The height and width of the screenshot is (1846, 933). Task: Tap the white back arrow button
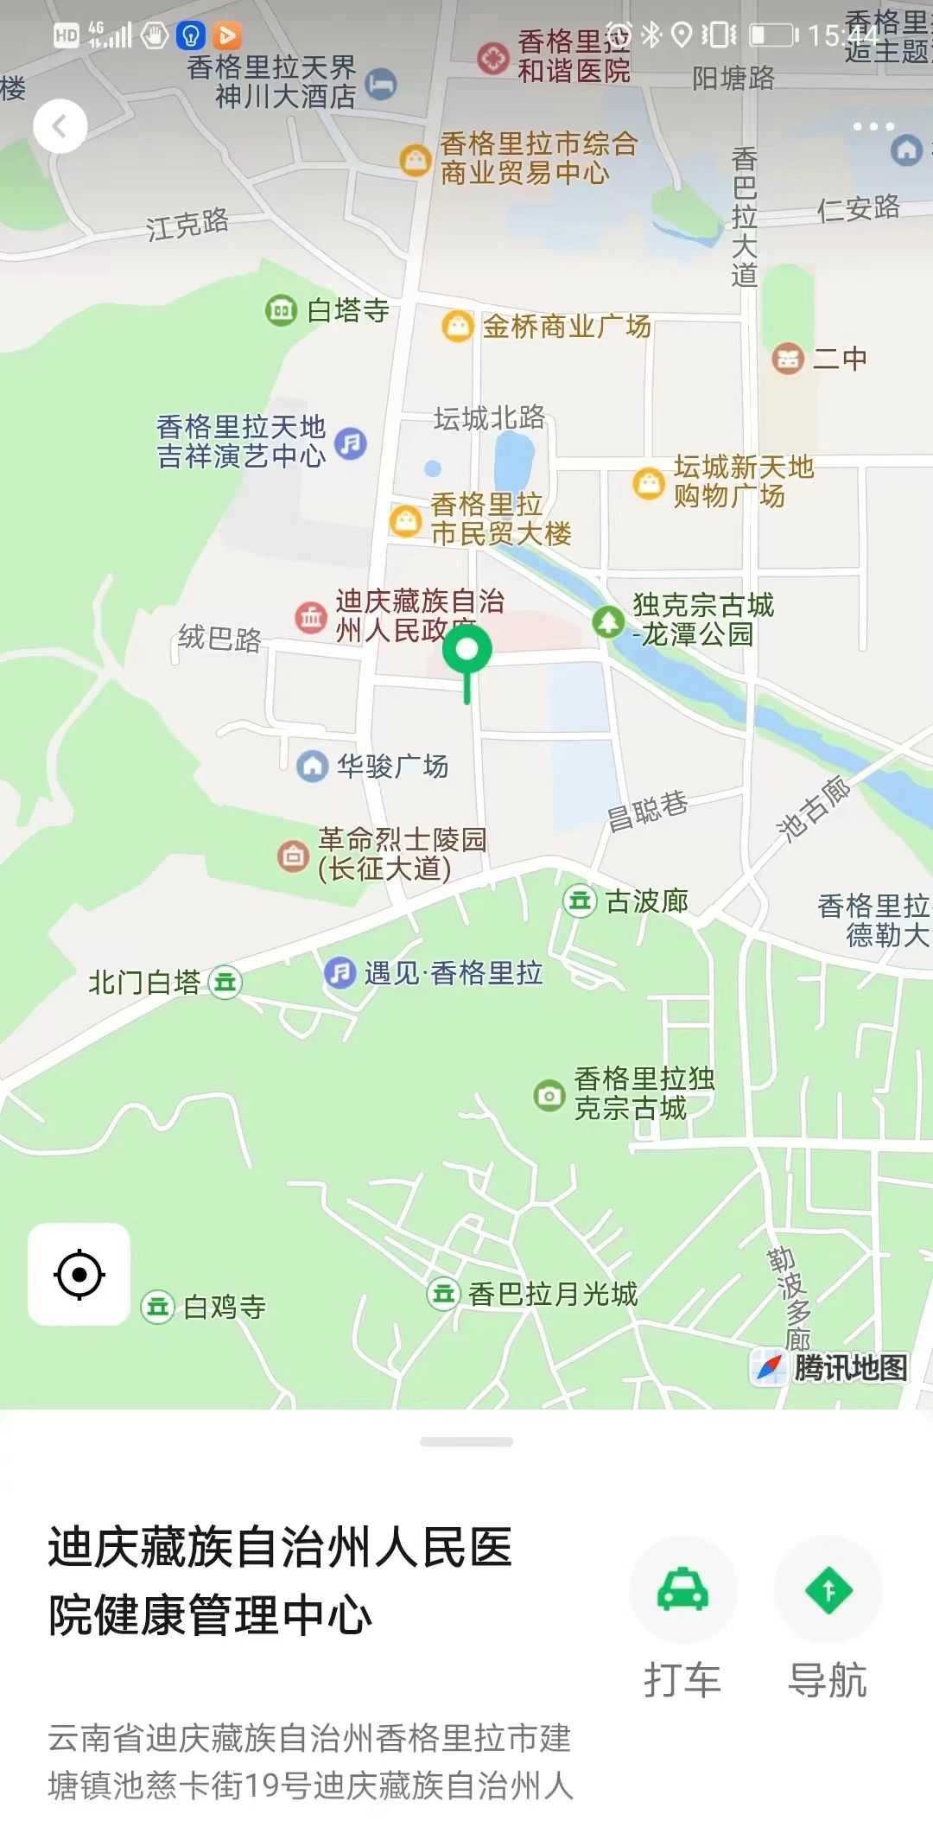pyautogui.click(x=60, y=126)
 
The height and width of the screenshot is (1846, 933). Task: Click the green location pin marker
pyautogui.click(x=466, y=652)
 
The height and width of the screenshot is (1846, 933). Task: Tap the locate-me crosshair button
pyautogui.click(x=79, y=1274)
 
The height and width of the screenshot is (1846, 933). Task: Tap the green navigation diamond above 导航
pyautogui.click(x=828, y=1589)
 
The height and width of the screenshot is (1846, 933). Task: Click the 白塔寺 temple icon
pyautogui.click(x=281, y=309)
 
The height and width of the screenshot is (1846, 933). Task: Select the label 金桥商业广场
pyautogui.click(x=566, y=327)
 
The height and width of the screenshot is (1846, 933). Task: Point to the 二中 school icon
pyautogui.click(x=787, y=358)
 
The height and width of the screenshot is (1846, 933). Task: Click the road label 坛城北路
pyautogui.click(x=489, y=418)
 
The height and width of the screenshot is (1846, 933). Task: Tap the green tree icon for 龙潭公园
pyautogui.click(x=608, y=621)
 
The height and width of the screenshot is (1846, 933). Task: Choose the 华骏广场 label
pyautogui.click(x=392, y=766)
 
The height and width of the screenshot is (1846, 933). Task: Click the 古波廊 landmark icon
pyautogui.click(x=579, y=901)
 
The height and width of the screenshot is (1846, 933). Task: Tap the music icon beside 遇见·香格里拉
pyautogui.click(x=340, y=973)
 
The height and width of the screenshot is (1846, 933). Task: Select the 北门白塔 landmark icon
pyautogui.click(x=225, y=982)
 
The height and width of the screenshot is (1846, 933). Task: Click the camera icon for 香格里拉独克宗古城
pyautogui.click(x=549, y=1095)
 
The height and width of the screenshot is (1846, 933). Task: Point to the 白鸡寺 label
pyautogui.click(x=224, y=1307)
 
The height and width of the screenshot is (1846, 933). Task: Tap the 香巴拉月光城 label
pyautogui.click(x=552, y=1294)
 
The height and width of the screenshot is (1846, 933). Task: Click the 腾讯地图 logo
pyautogui.click(x=831, y=1367)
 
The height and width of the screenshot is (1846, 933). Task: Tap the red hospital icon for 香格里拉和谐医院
pyautogui.click(x=492, y=58)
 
